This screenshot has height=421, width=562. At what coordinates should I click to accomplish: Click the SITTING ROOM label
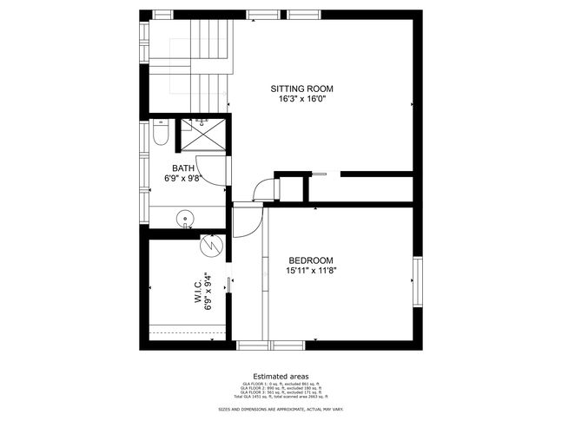(x=301, y=89)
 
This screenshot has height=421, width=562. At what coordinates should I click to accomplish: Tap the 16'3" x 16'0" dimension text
(x=301, y=99)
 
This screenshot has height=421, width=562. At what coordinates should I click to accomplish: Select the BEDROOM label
(x=310, y=260)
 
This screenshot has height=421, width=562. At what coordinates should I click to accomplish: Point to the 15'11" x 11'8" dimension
(x=310, y=271)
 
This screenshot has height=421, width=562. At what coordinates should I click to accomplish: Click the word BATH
(x=182, y=168)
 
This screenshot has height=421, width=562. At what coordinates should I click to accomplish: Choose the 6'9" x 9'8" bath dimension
(x=182, y=179)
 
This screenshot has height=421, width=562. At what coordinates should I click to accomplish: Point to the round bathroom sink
(x=184, y=218)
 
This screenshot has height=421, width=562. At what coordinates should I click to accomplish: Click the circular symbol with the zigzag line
(x=209, y=247)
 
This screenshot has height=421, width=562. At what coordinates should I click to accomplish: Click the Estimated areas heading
(x=281, y=376)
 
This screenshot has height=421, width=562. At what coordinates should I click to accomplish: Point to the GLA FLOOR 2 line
(x=281, y=387)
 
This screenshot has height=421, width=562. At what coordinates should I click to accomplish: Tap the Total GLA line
(x=281, y=396)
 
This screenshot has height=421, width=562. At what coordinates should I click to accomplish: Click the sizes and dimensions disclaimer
(x=281, y=407)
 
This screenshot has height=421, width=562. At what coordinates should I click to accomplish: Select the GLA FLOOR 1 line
(x=281, y=383)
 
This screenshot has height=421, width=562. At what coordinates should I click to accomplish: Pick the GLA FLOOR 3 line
(x=281, y=391)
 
